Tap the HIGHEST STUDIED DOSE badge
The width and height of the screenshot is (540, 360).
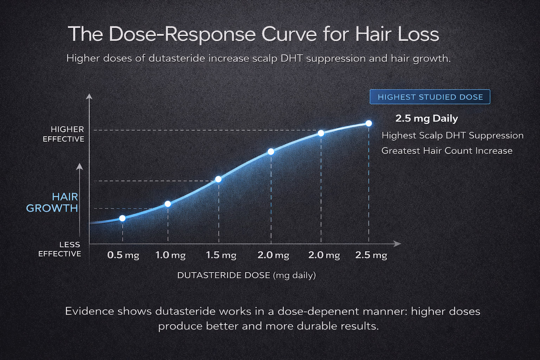pos(430,97)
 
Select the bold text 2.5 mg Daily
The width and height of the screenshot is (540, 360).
pos(426,118)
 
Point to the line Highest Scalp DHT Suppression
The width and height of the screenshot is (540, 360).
pos(452,135)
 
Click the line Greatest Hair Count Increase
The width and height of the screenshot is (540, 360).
pos(446,151)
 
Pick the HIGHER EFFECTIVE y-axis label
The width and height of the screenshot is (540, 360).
pos(64,134)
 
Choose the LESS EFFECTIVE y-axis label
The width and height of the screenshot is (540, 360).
pos(60,249)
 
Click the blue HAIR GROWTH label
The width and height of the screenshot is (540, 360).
pos(52,202)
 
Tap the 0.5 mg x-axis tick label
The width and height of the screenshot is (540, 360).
pos(123,255)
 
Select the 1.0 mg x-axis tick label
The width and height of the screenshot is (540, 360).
pos(171,255)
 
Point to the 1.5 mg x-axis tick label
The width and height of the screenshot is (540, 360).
pos(221,255)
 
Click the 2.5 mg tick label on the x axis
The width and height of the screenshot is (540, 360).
pos(371,255)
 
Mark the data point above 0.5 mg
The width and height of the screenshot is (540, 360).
pos(122,218)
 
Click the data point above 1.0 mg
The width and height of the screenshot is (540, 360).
pos(168,204)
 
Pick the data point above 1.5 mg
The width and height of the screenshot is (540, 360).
pos(218,179)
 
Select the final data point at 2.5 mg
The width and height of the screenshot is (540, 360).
pos(369,123)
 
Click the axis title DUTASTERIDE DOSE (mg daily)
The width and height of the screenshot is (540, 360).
pos(246,275)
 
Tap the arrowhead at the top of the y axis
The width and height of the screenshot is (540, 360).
pos(89,96)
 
